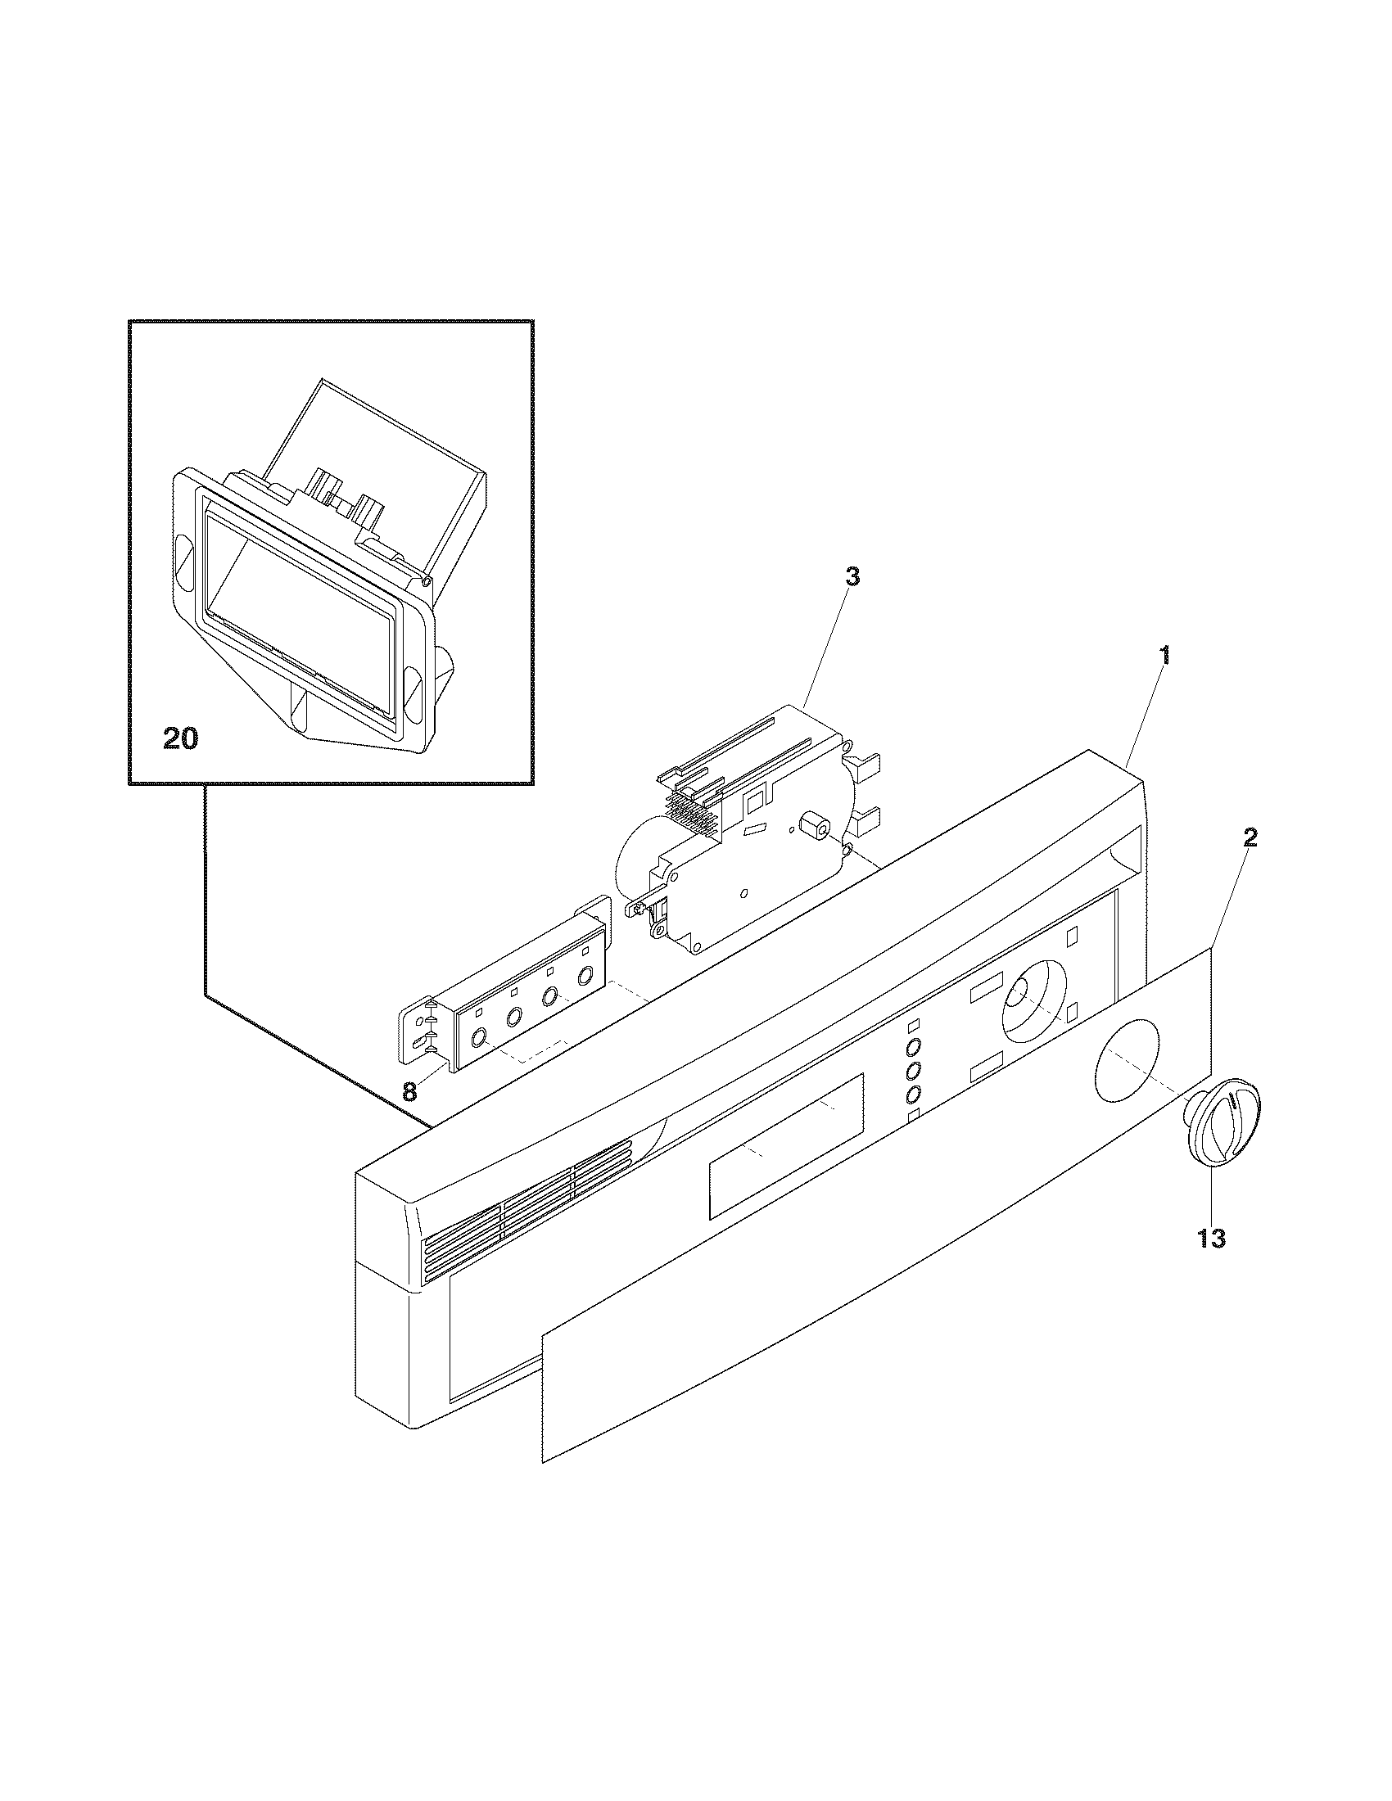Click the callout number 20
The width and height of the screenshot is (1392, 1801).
pyautogui.click(x=181, y=739)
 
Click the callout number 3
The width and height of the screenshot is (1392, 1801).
pyautogui.click(x=852, y=577)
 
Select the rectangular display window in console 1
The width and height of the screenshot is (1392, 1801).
pyautogui.click(x=786, y=1145)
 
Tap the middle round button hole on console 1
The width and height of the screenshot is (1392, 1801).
pyautogui.click(x=913, y=1072)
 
